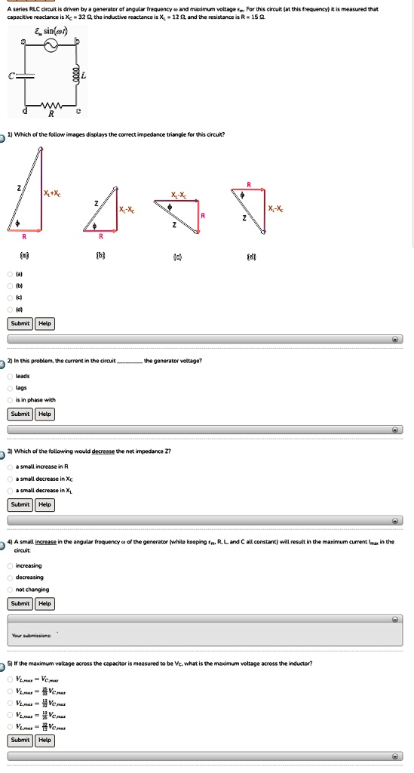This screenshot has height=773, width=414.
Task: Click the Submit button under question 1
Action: (x=20, y=323)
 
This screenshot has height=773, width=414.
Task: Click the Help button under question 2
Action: (x=44, y=414)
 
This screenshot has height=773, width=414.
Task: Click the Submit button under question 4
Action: (x=20, y=603)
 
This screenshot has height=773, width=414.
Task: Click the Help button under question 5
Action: (x=44, y=740)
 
